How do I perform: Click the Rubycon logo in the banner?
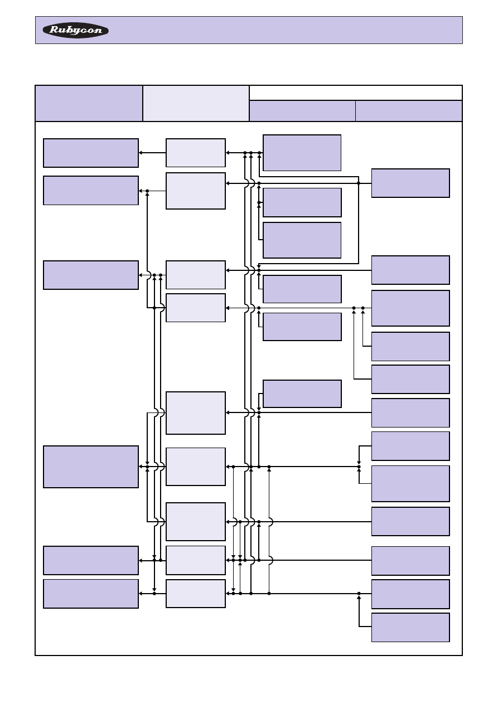76,30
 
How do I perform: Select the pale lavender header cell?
196,103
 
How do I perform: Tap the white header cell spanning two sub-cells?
355,93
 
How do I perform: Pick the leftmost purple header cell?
89,103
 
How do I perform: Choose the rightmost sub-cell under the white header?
409,111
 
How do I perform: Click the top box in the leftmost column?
91,153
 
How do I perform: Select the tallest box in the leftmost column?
91,467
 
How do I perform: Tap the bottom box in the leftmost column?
91,594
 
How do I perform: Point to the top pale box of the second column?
196,153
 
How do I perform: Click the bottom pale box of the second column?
196,594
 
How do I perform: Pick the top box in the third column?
302,152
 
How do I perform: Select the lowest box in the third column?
302,394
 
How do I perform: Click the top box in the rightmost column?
410,183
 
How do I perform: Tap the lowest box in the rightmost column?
410,628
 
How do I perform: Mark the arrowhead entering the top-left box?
141,153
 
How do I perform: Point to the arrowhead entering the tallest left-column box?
141,467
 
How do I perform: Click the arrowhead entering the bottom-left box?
141,594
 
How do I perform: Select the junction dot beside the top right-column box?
359,183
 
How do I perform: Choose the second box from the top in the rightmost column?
410,270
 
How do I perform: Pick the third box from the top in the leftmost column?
91,275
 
